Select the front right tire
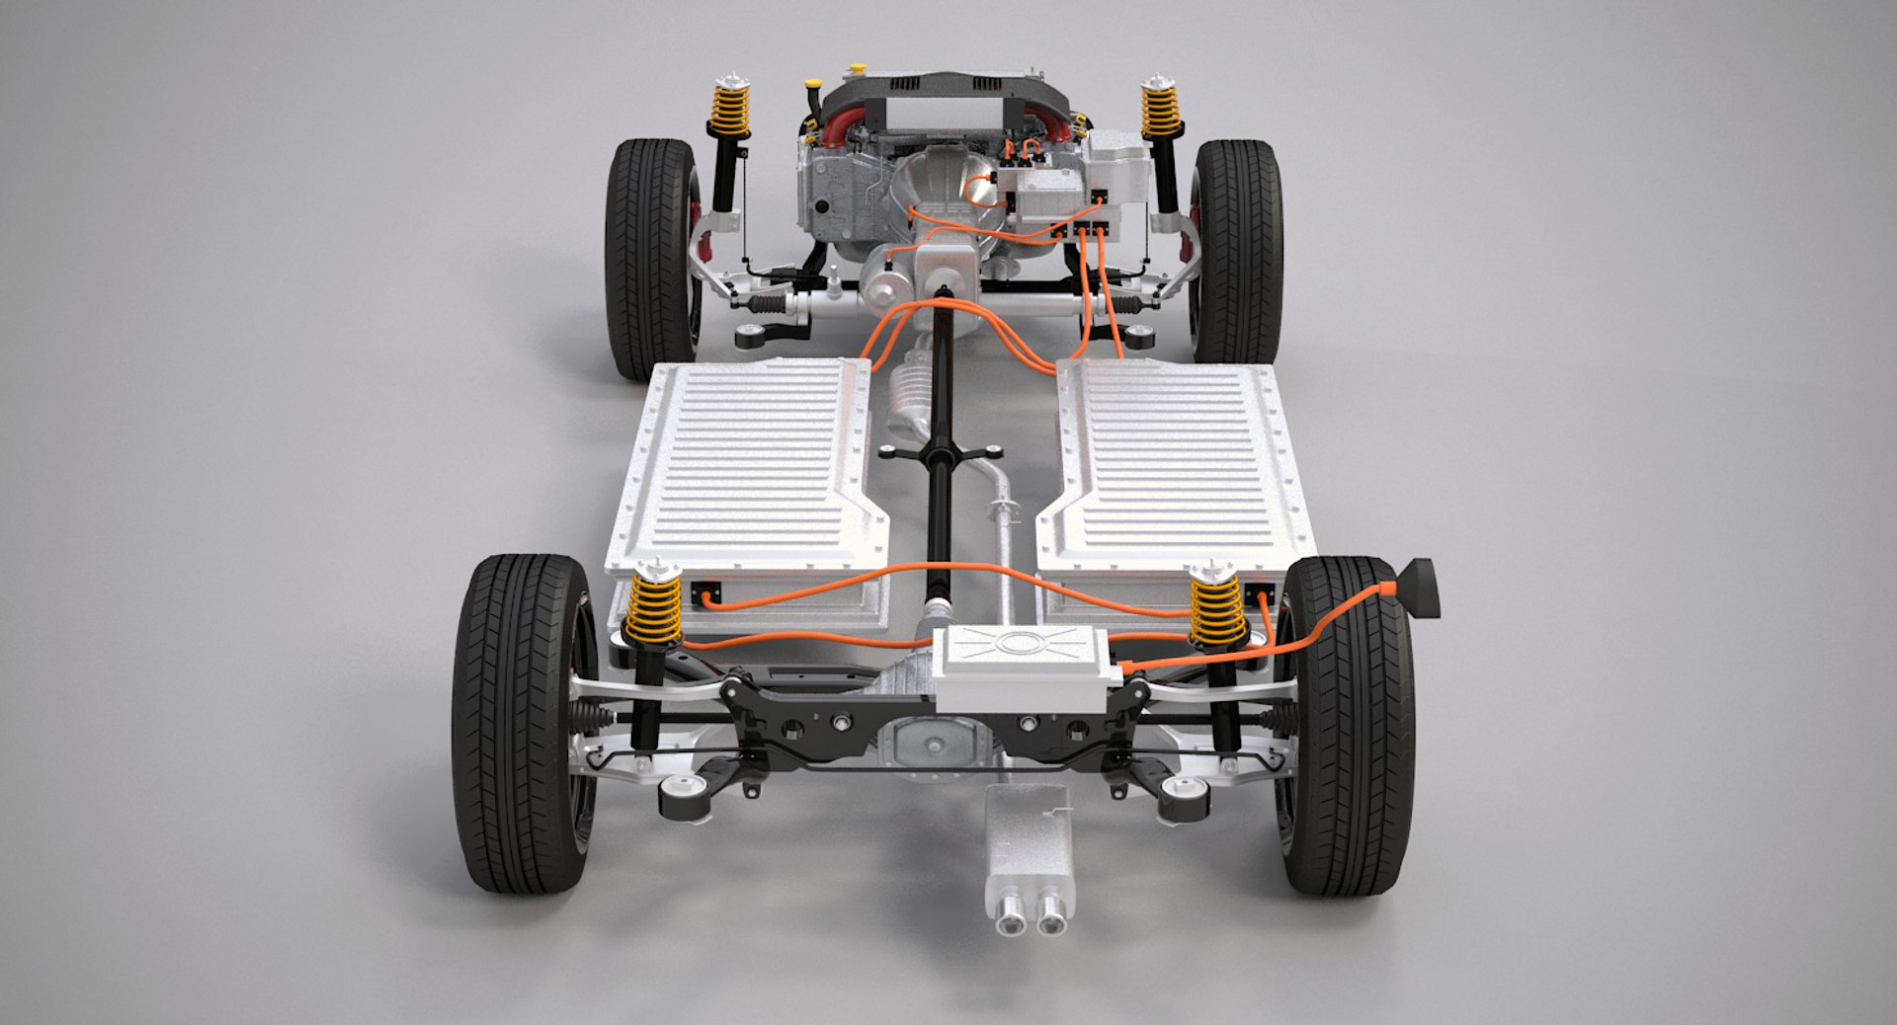pos(1240,252)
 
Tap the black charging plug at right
pos(1419,587)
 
